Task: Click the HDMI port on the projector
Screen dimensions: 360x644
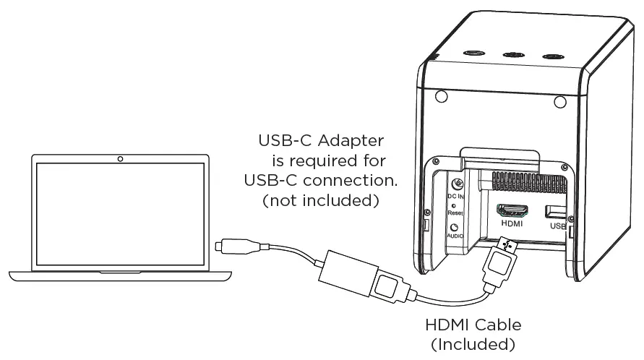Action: tap(512, 211)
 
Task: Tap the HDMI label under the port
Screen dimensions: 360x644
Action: tap(512, 224)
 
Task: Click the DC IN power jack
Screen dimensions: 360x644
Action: tap(457, 185)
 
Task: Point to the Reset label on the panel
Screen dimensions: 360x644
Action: tap(455, 214)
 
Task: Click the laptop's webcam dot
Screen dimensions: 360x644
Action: tap(120, 158)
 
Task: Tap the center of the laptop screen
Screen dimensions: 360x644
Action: tap(120, 214)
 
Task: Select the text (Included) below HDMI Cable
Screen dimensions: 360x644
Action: tap(473, 344)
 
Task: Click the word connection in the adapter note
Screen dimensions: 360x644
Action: tap(348, 180)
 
